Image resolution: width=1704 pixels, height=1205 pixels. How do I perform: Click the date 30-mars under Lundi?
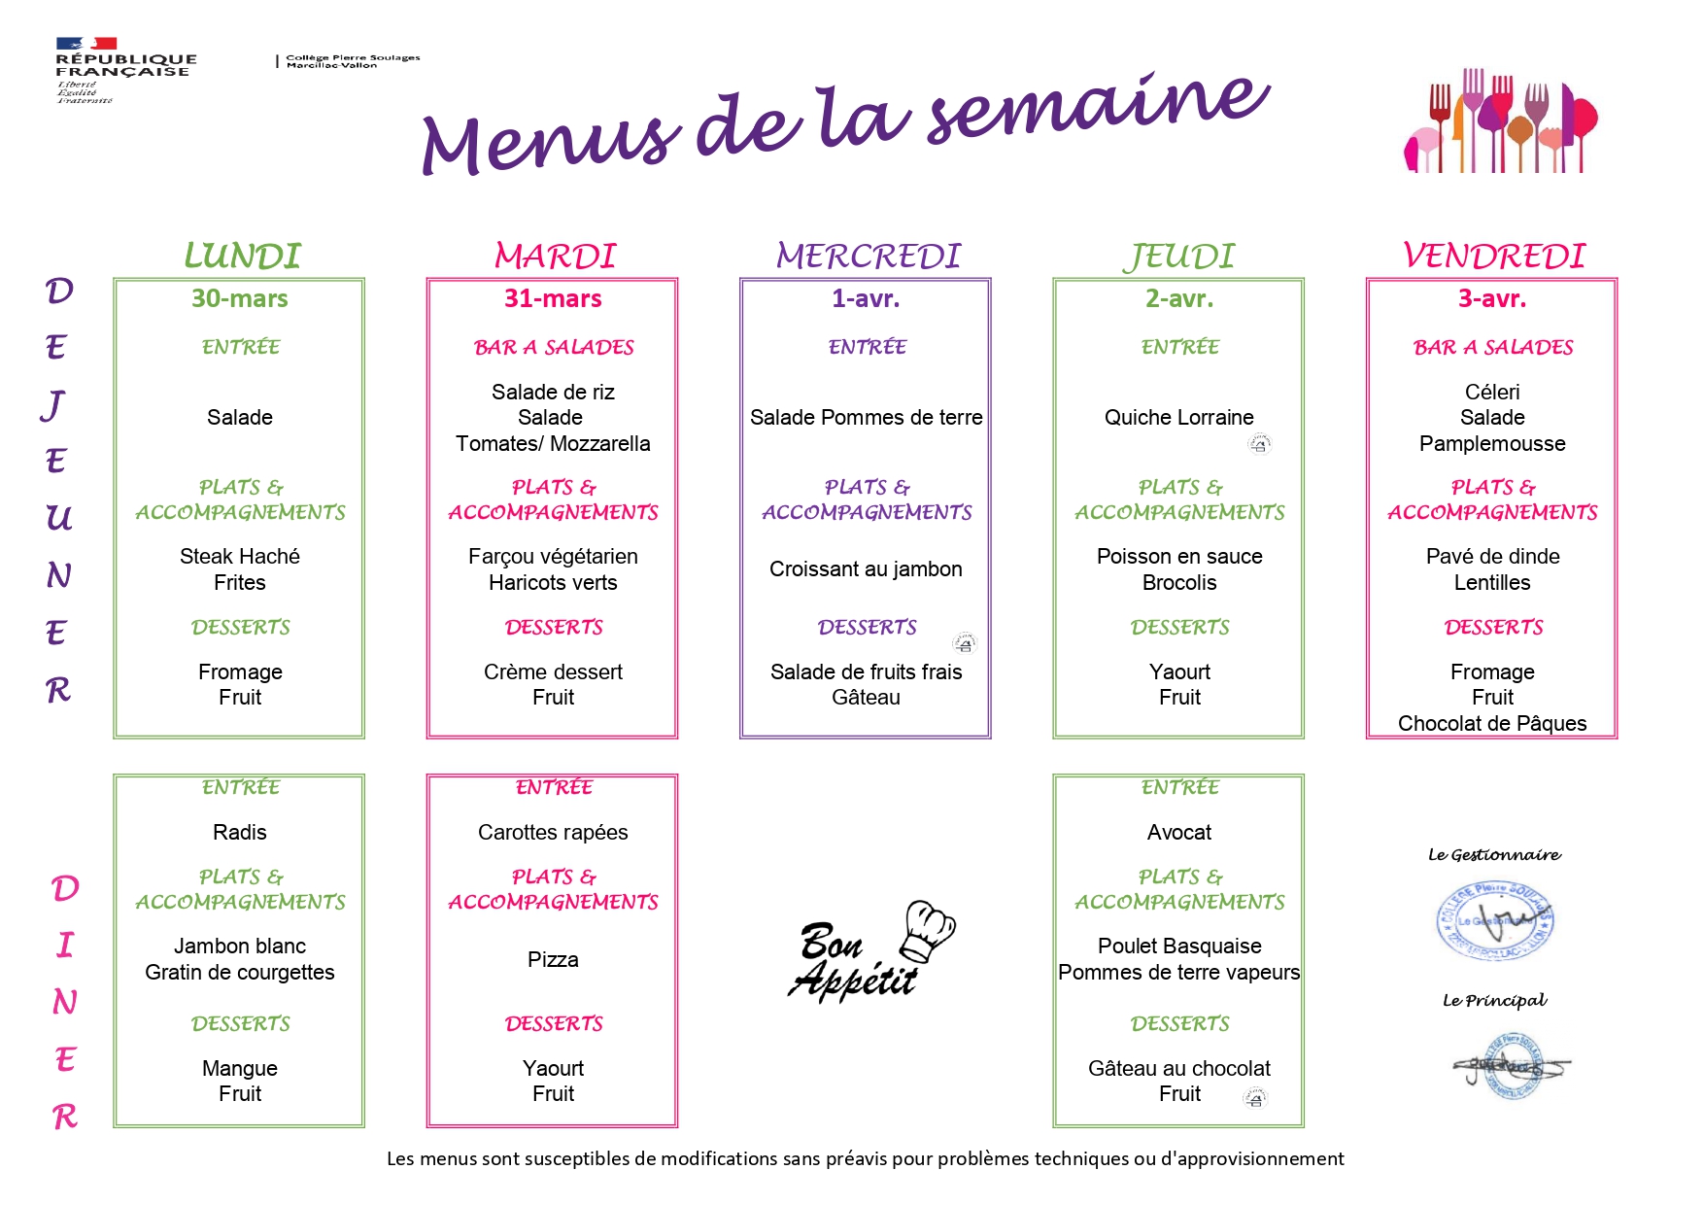point(239,298)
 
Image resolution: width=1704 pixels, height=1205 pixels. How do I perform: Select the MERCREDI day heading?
point(868,257)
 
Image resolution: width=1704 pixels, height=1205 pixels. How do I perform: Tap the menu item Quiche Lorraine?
point(1178,418)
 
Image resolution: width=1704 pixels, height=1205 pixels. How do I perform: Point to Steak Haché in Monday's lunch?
point(239,557)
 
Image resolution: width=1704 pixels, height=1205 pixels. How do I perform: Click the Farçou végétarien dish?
point(553,557)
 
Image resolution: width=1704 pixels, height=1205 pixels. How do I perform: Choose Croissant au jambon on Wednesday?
point(866,569)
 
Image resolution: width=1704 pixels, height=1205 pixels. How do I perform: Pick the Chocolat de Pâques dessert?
point(1491,723)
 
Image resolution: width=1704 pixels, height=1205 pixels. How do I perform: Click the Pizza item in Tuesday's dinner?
point(553,960)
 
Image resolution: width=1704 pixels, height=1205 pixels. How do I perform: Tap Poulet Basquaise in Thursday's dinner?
point(1178,947)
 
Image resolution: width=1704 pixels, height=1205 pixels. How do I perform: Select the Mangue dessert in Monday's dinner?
point(239,1069)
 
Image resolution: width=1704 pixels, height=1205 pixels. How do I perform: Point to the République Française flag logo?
point(86,44)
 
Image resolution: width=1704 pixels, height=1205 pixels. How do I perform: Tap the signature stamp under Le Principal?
point(1509,1067)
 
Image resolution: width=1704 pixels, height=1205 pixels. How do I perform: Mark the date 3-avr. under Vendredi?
point(1491,298)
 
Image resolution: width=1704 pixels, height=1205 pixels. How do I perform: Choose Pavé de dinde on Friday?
point(1492,557)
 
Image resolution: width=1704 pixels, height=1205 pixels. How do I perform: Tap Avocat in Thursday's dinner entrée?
point(1178,833)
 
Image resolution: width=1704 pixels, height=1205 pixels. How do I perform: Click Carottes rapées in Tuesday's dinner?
point(553,833)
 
